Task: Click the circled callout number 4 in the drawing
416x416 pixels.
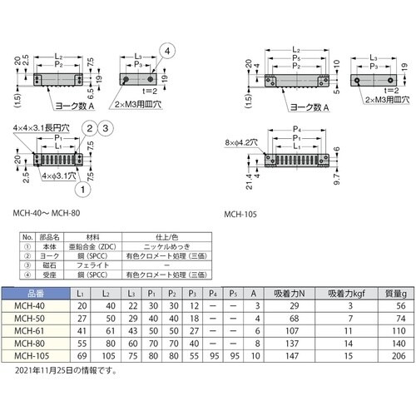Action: click(x=170, y=51)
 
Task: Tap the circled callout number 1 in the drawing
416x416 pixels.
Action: click(x=84, y=189)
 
